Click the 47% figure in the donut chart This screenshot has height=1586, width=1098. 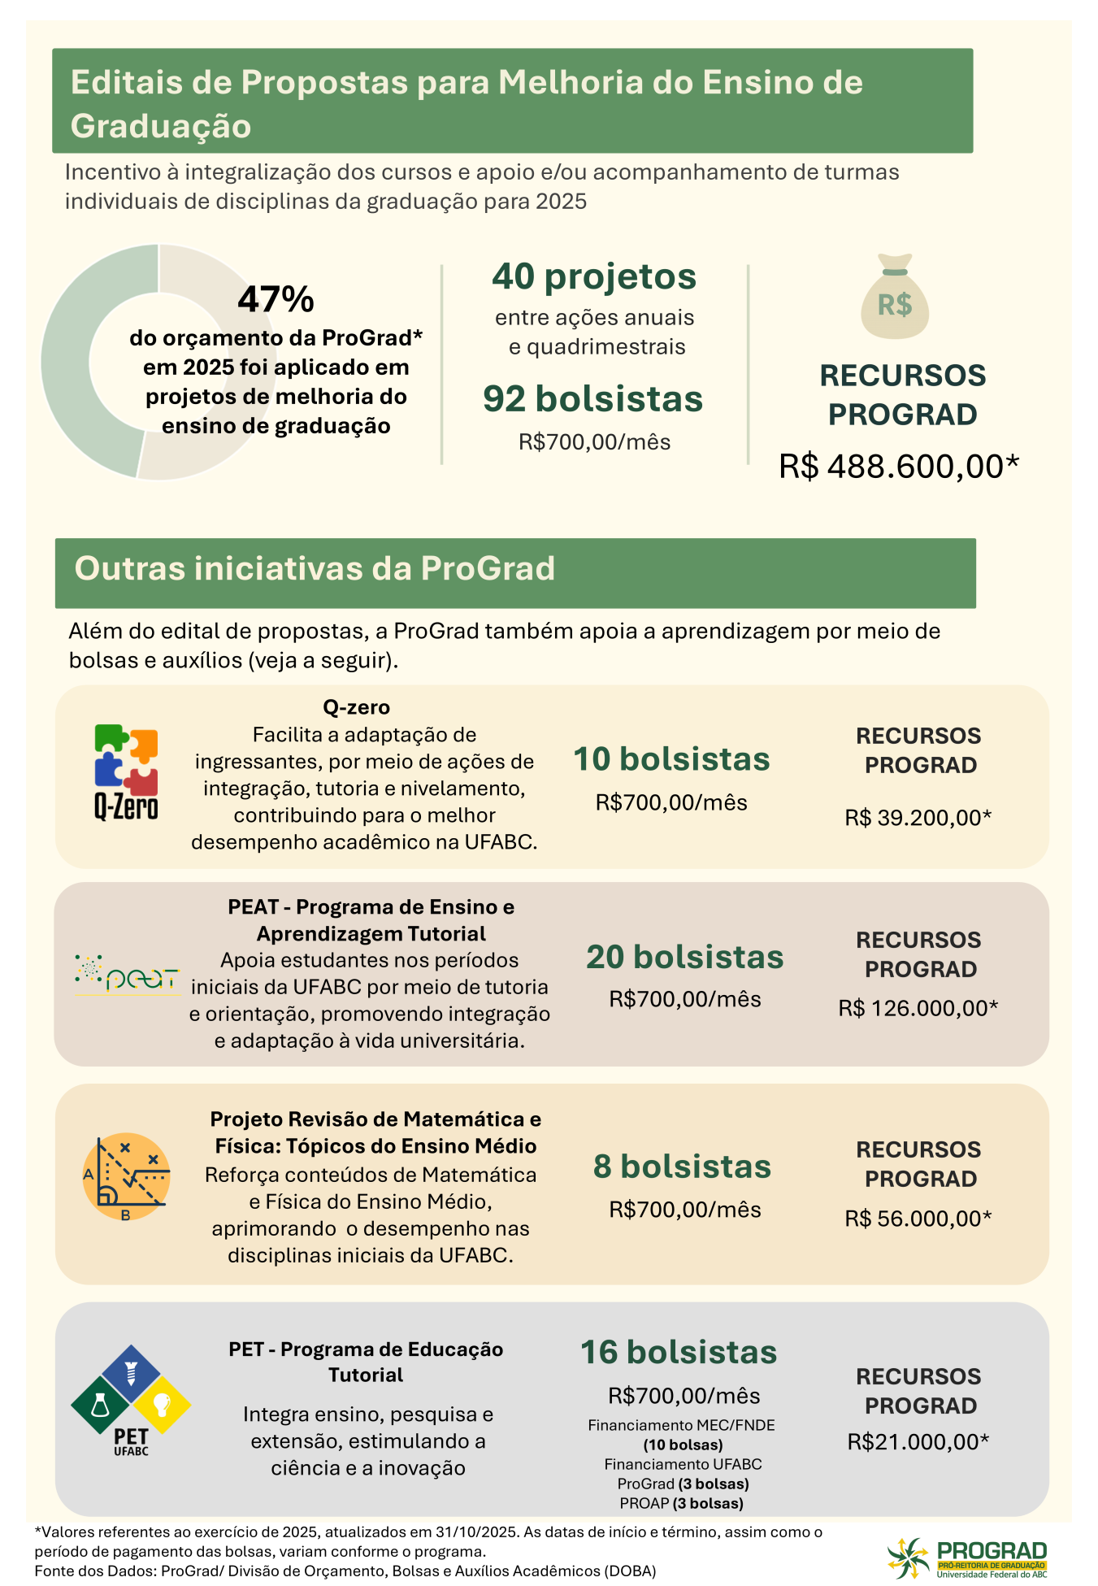pos(276,299)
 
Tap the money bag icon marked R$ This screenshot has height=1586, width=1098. pos(895,298)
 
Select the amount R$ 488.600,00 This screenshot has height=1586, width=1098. pos(898,467)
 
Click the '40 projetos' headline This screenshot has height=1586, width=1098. pos(594,276)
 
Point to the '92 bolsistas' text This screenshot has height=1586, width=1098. pos(593,399)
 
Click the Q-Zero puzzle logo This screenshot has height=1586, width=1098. pos(126,771)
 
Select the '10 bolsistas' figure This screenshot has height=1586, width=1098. pos(671,759)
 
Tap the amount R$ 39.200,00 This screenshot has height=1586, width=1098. pos(918,817)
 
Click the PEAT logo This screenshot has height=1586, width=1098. pos(128,975)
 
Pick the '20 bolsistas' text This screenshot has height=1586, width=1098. pos(684,957)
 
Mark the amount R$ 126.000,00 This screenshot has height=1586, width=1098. pos(918,1008)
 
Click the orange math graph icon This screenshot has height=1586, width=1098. pos(126,1176)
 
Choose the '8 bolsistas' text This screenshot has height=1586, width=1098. pos(682,1167)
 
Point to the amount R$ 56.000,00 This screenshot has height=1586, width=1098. pos(918,1218)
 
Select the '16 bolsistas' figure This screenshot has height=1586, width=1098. pos(679,1352)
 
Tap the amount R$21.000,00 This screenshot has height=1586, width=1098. pos(918,1441)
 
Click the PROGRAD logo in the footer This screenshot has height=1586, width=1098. pos(967,1557)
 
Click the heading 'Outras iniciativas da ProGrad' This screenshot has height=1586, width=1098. pos(315,569)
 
